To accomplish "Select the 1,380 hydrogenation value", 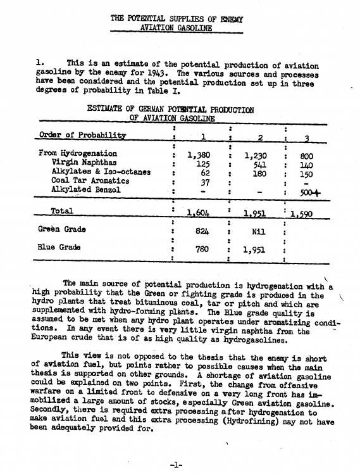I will [x=199, y=154].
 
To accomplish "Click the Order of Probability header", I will [x=82, y=135].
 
